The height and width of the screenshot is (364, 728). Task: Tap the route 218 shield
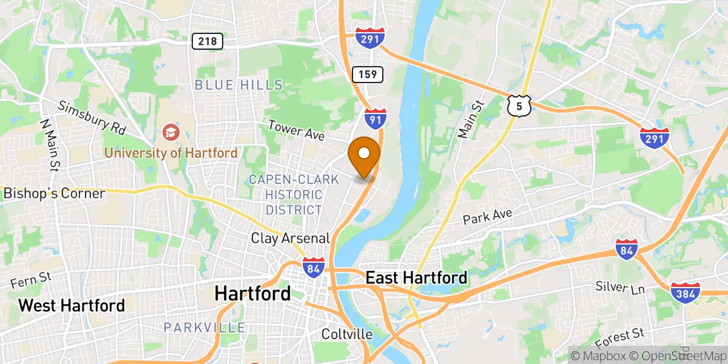pos(207,41)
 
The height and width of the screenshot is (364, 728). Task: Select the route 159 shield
pos(368,75)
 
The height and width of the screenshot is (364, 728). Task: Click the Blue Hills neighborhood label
pos(238,85)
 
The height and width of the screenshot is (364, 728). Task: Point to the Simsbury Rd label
pos(92,118)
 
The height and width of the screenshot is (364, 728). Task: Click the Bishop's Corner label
pos(55,194)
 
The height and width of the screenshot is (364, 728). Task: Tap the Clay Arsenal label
pos(291,238)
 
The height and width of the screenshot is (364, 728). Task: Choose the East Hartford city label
pos(416,278)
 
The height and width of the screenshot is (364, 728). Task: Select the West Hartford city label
pos(72,305)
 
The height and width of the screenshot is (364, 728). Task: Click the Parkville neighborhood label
pos(204,328)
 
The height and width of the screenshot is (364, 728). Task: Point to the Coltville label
pos(347,334)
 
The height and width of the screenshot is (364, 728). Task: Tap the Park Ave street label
pos(488,217)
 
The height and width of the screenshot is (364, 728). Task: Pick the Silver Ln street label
pos(619,288)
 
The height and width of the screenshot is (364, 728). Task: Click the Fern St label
pos(30,282)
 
